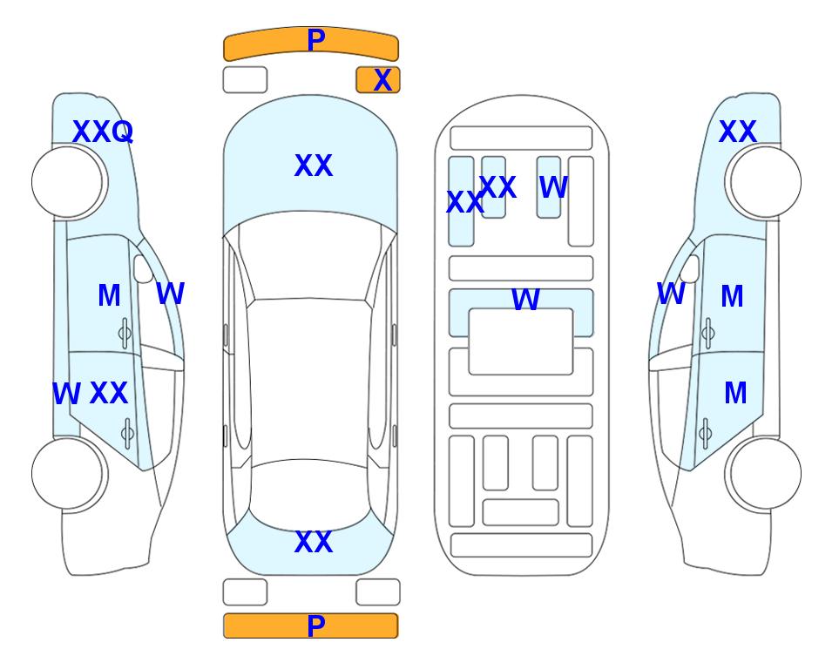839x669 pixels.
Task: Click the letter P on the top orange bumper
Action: [315, 40]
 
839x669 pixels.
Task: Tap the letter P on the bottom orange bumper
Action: [315, 625]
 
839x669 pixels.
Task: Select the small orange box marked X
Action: [378, 80]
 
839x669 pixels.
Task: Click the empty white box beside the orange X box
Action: [245, 80]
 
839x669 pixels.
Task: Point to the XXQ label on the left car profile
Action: [103, 132]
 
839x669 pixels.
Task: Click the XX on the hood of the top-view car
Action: [314, 166]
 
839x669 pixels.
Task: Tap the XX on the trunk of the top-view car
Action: [314, 542]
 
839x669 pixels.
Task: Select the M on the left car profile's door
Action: [109, 295]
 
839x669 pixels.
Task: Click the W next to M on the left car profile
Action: [170, 294]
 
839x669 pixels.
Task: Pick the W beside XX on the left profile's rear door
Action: [66, 394]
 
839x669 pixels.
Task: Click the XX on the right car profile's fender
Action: [737, 132]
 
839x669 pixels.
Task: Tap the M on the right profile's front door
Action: [732, 296]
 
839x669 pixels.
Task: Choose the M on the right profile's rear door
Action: [735, 394]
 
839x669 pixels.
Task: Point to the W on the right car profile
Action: [671, 294]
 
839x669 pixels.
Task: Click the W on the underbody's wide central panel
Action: [525, 299]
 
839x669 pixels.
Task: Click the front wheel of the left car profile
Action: [68, 182]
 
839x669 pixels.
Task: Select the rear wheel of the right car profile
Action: [765, 473]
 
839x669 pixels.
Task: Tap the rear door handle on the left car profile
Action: [127, 433]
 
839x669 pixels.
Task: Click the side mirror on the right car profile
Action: [691, 268]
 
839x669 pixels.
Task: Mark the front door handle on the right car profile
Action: [708, 333]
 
